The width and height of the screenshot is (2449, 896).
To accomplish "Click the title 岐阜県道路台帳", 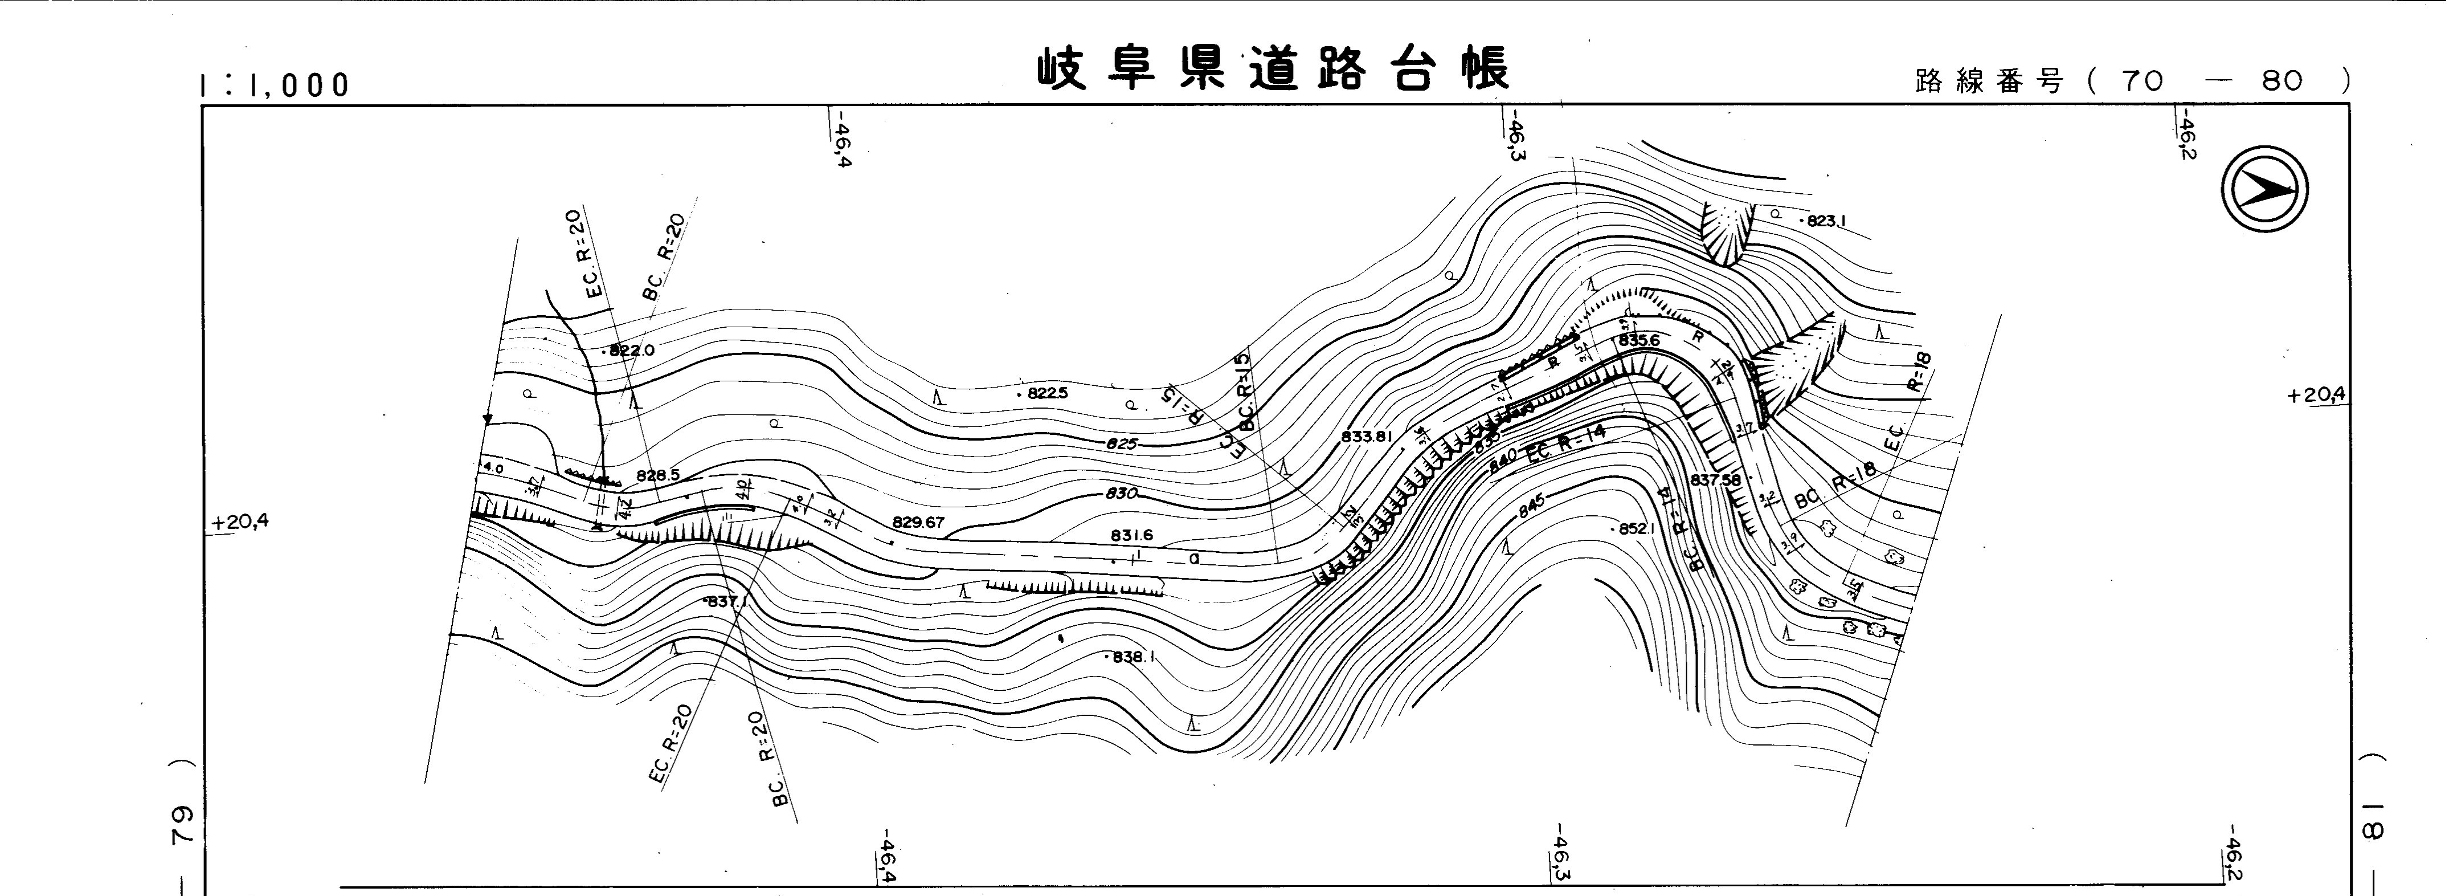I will click(x=1272, y=70).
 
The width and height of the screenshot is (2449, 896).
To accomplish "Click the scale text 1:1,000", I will click(x=275, y=85).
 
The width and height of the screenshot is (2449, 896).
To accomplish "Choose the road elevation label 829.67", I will click(x=918, y=522).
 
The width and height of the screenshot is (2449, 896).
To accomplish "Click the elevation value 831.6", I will click(x=1131, y=536).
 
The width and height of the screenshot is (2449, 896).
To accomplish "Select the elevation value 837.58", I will click(x=1716, y=480).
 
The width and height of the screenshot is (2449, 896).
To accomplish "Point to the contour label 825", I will click(x=1122, y=444).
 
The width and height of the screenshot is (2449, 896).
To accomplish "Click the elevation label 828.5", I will click(x=658, y=475).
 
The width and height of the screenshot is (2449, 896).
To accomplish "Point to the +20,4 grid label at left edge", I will click(x=240, y=522).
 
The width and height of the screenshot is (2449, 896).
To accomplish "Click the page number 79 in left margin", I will click(x=181, y=826).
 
